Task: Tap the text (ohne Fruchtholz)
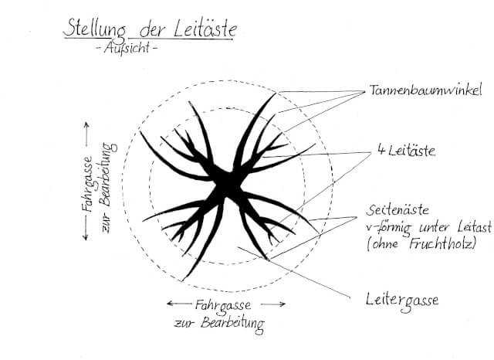[425, 244]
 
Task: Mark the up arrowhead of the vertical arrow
[85, 124]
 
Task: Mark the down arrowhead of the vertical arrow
[85, 237]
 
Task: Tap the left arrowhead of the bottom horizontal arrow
[168, 304]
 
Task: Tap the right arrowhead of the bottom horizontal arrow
[283, 304]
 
